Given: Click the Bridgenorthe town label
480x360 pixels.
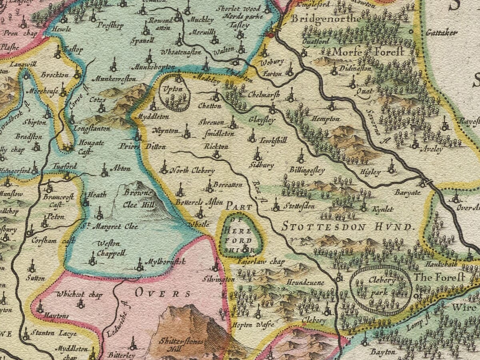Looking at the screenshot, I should coord(326,19).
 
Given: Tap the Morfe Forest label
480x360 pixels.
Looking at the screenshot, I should coord(363,52).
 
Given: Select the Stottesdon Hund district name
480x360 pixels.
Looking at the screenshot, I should coord(347,227).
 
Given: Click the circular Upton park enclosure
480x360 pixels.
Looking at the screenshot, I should coord(174,92).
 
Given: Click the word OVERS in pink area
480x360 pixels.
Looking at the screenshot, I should coord(162,293).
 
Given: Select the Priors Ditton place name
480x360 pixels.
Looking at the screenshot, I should coord(142,146).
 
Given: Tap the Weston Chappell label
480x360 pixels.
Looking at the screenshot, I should coord(112,248).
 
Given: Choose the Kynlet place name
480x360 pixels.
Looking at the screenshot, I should coord(382,210).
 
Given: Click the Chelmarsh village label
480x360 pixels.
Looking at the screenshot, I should coord(263,96).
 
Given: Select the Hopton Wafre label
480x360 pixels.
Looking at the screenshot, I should coord(247,325).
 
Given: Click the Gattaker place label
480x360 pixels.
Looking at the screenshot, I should coord(441,33).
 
